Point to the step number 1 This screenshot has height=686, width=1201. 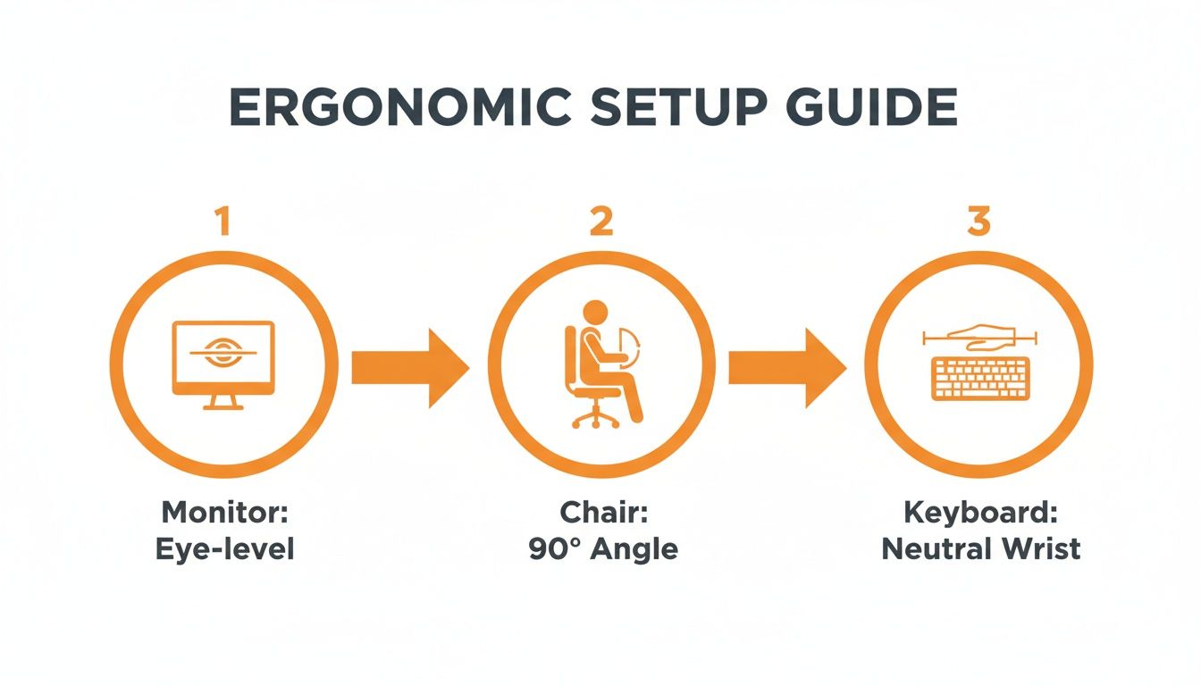[223, 221]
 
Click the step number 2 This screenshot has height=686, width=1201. [601, 221]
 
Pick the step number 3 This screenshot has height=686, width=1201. [979, 221]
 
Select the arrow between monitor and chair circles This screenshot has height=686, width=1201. [410, 366]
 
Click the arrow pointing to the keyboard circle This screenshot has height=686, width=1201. [787, 366]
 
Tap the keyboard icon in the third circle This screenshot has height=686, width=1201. [979, 379]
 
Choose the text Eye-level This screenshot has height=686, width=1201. [223, 548]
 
